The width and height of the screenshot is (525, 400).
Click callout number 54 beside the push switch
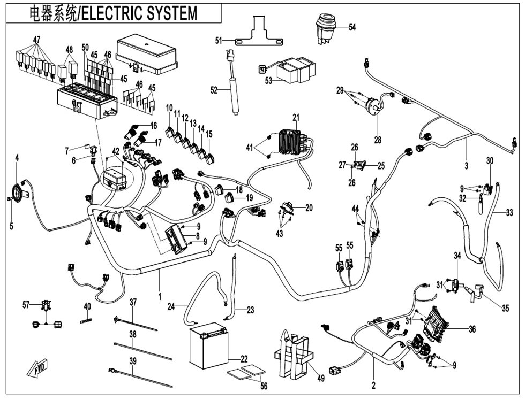(352, 27)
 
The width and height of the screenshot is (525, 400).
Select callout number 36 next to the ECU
(472, 329)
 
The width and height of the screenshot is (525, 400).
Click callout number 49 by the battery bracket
(321, 379)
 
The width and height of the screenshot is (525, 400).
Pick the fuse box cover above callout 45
(146, 56)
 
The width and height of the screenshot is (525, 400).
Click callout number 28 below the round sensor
(378, 140)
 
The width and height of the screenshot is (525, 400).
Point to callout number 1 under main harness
(160, 296)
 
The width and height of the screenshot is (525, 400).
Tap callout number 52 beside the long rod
(214, 90)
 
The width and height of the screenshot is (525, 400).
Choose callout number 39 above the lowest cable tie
(133, 361)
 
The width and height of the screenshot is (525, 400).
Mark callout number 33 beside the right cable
(509, 212)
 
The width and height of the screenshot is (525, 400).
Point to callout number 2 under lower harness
(374, 386)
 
